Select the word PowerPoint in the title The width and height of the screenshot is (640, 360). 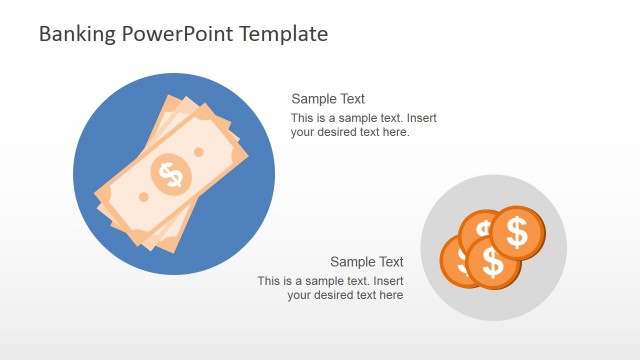pos(170,34)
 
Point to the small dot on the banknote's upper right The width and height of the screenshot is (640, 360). pos(199,152)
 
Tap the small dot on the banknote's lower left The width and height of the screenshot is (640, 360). pos(143,197)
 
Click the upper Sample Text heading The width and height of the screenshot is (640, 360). pos(328,99)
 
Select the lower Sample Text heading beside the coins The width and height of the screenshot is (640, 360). pos(367,262)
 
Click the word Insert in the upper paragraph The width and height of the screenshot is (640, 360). pos(421,118)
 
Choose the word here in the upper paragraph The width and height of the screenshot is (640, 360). pos(396,132)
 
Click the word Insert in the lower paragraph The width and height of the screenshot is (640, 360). pos(387,281)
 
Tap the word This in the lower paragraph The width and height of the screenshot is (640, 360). pos(269,281)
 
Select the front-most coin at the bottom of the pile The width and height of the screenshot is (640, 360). pos(493,262)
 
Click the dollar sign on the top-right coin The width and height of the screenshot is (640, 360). pos(518,233)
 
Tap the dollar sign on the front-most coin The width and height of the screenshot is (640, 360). pos(493,262)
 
